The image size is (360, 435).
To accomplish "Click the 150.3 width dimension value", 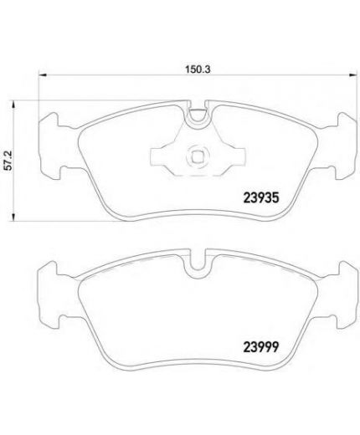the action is coord(198,69).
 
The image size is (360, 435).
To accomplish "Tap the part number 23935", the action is coord(261,198).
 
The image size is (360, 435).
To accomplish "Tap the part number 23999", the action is coord(261,347).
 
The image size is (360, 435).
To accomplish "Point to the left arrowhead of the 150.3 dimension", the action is coord(42,74).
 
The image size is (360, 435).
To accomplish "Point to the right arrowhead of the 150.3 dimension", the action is coord(353,74).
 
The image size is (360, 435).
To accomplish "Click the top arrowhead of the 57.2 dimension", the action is coord(13,105).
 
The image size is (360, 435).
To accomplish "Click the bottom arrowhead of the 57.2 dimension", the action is coord(13,217).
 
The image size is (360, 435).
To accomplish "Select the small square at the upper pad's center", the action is coord(198,156).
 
